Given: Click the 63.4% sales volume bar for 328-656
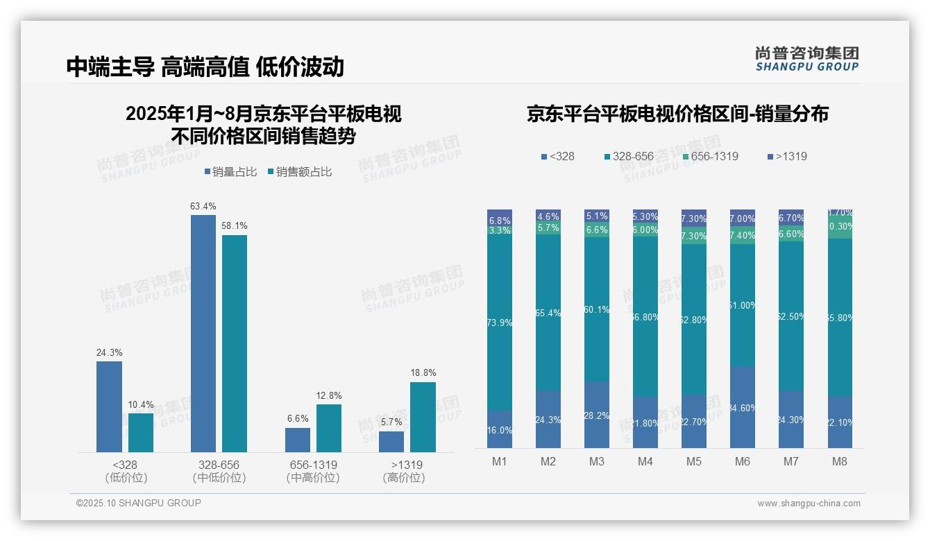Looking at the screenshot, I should (x=203, y=334).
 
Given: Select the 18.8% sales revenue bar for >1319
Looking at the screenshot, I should (x=423, y=417).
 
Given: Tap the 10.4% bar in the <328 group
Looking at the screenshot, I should (x=141, y=433).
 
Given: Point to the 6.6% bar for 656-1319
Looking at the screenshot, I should (x=298, y=440).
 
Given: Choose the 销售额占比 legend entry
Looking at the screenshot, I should (x=299, y=172).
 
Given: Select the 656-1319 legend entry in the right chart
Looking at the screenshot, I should (x=710, y=156).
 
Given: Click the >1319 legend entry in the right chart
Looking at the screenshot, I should (x=787, y=156).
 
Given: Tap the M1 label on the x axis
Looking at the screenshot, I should (x=500, y=462).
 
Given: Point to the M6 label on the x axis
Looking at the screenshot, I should (x=742, y=462).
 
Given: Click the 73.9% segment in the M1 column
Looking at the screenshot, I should (x=500, y=323).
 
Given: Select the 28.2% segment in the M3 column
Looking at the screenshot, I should (x=597, y=415).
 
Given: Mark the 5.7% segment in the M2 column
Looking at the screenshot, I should (x=548, y=228).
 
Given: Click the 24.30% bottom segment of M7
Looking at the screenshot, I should (x=790, y=419).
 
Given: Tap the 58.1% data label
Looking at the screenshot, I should (x=235, y=226).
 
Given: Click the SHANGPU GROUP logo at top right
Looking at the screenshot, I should (x=806, y=59).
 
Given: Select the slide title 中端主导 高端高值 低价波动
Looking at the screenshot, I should (x=205, y=67).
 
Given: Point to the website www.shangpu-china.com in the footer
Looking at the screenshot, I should (x=809, y=504).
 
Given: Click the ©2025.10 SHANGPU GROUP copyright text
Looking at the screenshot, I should (x=139, y=503).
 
